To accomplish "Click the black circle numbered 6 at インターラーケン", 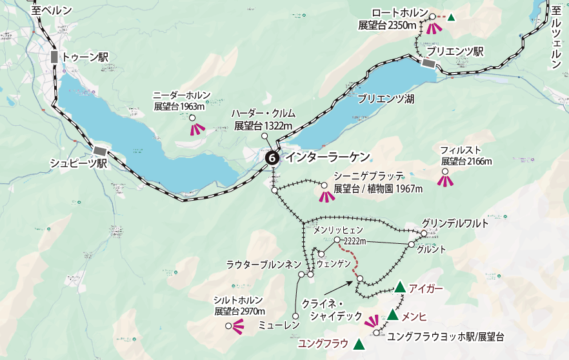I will (272, 157).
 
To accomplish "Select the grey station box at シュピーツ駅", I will (100, 150).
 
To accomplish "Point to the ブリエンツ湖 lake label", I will (386, 99).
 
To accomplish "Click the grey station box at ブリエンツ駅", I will (428, 63).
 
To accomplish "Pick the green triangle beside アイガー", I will (400, 287).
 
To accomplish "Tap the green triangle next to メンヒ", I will (392, 315).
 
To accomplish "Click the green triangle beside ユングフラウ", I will (359, 345).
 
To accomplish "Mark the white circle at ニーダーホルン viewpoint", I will (192, 117).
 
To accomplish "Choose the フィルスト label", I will (457, 149).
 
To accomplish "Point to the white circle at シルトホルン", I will (228, 326).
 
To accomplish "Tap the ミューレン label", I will (278, 325).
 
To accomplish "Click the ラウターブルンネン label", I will (263, 265).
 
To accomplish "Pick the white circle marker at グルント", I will (411, 245).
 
